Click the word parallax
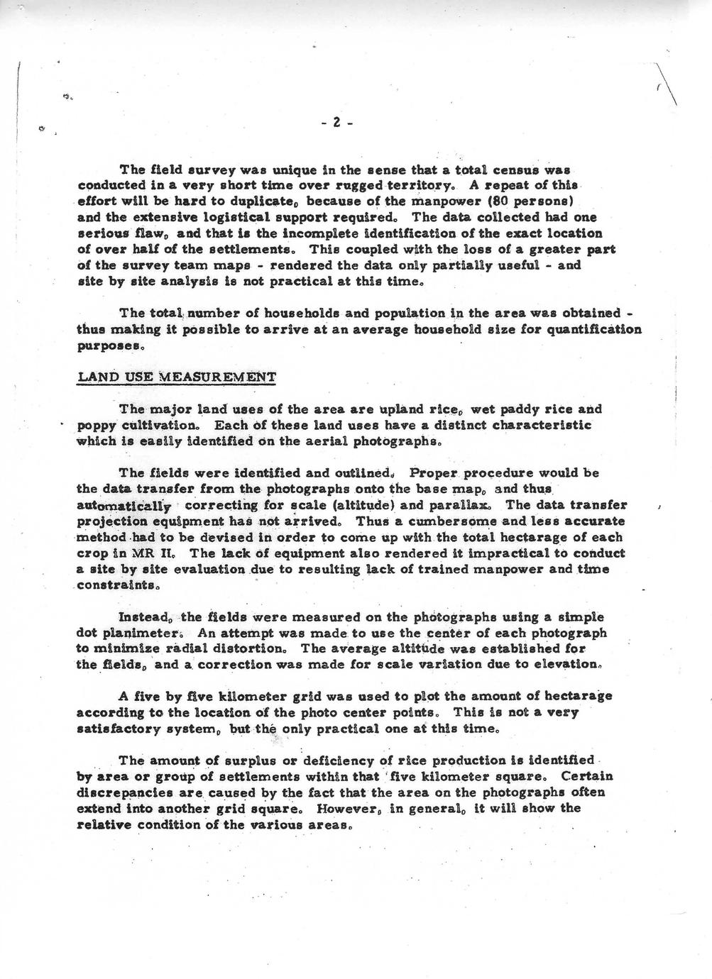pyautogui.click(x=464, y=505)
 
